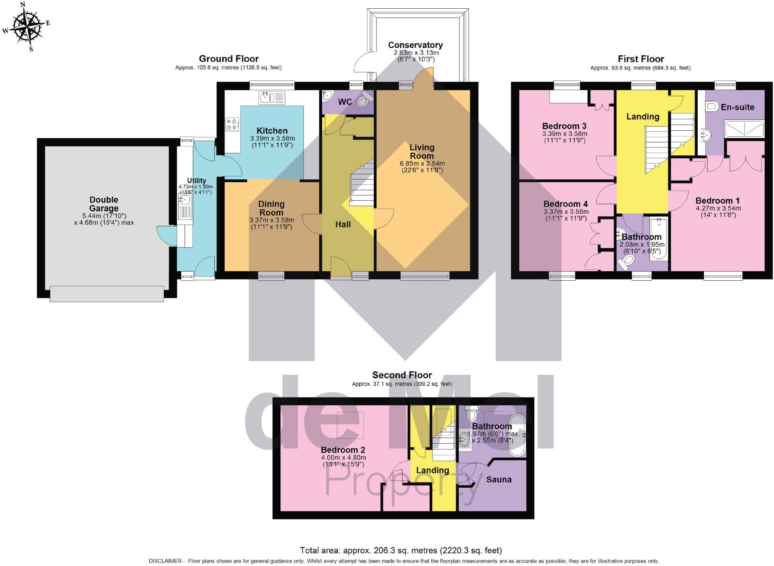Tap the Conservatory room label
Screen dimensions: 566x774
(415, 45)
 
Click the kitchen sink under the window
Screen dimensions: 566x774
(271, 98)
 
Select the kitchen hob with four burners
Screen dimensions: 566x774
(232, 124)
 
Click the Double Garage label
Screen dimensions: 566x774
(104, 204)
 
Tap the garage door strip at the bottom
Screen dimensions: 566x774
(107, 294)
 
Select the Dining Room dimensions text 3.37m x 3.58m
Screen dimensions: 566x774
(271, 220)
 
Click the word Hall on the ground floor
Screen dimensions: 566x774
(343, 224)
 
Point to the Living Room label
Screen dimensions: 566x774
(422, 152)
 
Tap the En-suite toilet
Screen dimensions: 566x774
(712, 107)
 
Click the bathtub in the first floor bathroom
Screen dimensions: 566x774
(659, 238)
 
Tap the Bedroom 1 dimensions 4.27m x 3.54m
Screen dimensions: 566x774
(718, 208)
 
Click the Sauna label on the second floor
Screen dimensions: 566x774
(498, 479)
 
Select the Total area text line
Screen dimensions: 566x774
(401, 550)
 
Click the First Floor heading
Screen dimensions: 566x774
(641, 59)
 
